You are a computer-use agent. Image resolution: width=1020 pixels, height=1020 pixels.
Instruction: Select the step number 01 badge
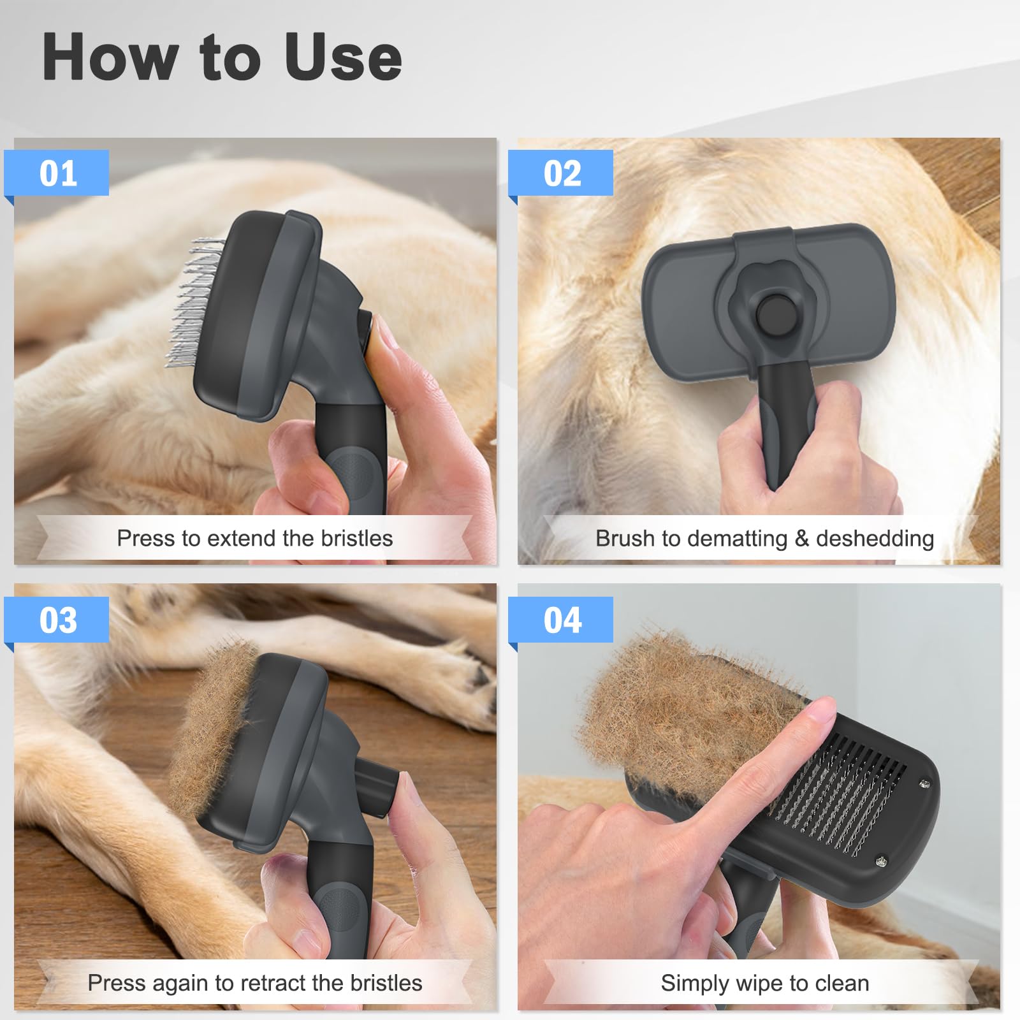pos(57,173)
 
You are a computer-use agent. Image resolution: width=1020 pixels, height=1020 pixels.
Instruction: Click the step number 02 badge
pos(562,173)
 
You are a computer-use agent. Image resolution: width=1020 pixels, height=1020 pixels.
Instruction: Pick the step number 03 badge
pos(57,620)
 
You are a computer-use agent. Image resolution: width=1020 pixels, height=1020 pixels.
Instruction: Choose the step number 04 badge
pos(562,620)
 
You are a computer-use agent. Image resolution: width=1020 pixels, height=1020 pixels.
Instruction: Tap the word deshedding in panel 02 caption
pos(875,539)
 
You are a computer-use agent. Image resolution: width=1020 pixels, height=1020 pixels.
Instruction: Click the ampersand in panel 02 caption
pos(801,539)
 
